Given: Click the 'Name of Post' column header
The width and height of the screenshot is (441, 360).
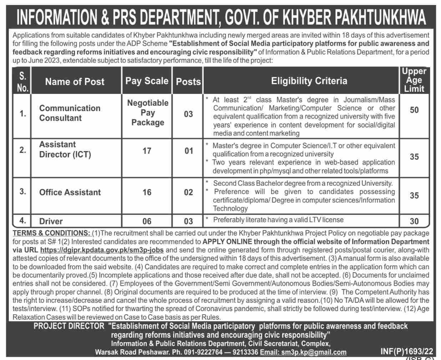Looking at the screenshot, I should point(75,82).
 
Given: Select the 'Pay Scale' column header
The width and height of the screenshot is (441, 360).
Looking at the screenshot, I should point(147,81).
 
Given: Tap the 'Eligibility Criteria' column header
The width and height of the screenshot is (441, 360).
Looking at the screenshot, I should point(309,81).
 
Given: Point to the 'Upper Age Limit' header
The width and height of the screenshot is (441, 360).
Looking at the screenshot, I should point(414,80).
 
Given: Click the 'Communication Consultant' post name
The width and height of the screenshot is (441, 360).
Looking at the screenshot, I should point(70,113).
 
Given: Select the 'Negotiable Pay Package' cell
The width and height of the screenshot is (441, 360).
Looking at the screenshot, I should point(148,112).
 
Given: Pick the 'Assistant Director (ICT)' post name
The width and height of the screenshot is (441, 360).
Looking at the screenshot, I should point(65,149).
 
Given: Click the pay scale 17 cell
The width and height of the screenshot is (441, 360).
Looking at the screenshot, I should point(147,151).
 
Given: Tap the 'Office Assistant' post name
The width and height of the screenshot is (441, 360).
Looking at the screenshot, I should point(70,192).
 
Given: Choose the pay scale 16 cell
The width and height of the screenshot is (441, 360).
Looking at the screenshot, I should point(147,192).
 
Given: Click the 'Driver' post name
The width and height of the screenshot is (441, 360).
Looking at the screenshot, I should point(51,221).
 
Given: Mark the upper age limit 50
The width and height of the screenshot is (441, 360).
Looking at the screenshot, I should point(414,110).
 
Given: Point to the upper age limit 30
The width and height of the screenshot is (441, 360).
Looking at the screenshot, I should point(414,221).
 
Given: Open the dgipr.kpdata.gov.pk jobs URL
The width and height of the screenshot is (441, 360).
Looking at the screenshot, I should point(102,250).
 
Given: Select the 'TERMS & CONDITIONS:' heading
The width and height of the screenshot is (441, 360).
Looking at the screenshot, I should point(51,233).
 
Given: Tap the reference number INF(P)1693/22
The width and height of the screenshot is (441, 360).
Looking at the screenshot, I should point(406,351).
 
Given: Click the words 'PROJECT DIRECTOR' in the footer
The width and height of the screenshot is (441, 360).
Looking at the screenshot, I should point(69,326).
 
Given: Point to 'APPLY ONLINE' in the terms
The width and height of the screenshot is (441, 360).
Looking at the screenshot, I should point(227,242).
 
